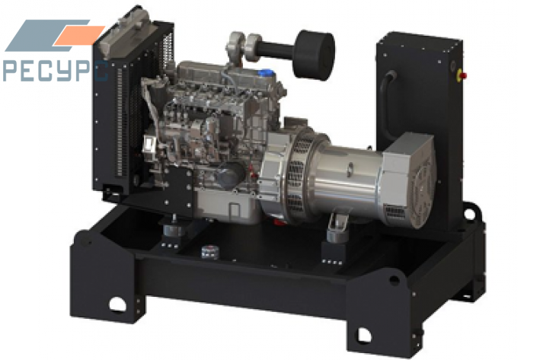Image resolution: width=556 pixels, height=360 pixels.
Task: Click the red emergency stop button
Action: pos(463,75)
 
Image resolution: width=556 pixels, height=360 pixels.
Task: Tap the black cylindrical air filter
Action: pos(314,54)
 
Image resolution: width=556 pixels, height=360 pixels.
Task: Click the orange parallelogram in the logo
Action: pos(78,35)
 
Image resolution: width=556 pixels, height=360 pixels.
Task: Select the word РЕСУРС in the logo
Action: pos(55,72)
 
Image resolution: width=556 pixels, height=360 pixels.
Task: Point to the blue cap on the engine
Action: pos(266,74)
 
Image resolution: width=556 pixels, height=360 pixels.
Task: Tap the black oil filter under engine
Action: pos(230,176)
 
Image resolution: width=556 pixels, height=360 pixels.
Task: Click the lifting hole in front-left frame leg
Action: pos(118,304)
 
